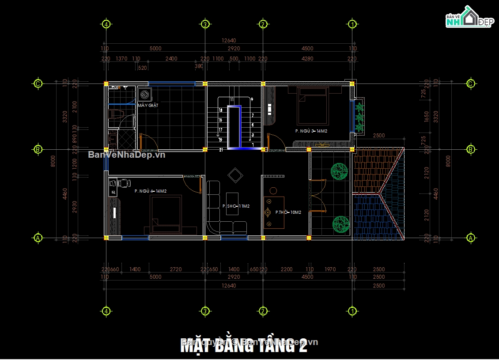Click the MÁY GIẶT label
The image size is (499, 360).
(147, 106)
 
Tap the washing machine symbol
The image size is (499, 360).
(145, 95)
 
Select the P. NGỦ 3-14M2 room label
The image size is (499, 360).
(311, 131)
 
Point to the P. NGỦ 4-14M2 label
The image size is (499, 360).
(151, 191)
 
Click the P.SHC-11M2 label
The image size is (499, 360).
(236, 206)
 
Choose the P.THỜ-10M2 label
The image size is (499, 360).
(288, 212)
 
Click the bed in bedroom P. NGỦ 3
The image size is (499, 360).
(313, 106)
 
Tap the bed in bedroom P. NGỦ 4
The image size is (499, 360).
(166, 215)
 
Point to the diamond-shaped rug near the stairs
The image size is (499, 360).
(235, 176)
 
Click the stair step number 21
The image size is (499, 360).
(221, 150)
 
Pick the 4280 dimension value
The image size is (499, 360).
(307, 59)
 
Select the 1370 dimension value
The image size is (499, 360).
(121, 59)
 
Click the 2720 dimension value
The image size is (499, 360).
(176, 269)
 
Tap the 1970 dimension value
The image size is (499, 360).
(330, 269)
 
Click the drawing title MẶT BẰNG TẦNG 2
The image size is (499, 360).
(244, 345)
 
